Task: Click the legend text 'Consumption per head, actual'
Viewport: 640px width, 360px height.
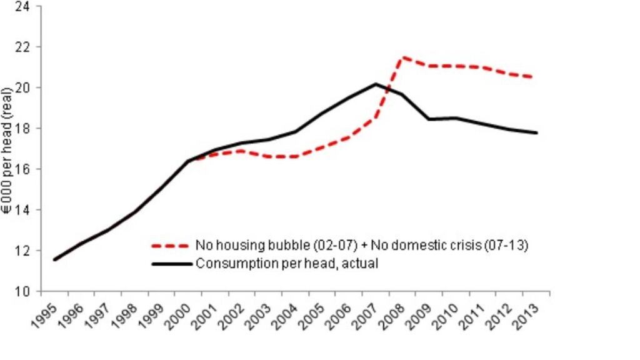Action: pyautogui.click(x=287, y=264)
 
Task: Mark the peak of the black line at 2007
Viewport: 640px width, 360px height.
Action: pyautogui.click(x=376, y=84)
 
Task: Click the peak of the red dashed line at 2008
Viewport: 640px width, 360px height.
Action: pyautogui.click(x=403, y=57)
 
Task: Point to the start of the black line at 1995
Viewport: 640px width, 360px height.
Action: pyautogui.click(x=55, y=259)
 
